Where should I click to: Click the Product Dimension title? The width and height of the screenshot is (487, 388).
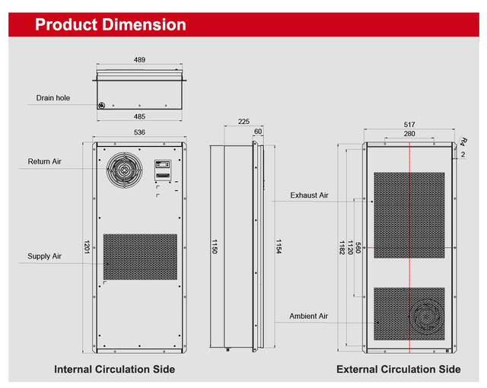110,25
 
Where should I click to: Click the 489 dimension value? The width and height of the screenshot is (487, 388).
139,59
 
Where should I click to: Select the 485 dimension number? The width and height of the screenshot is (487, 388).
139,116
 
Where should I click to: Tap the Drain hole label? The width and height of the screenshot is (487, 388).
53,98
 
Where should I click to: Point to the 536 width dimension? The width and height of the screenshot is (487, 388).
139,132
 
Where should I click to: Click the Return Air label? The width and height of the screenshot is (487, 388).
44,161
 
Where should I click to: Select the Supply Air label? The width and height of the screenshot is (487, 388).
44,256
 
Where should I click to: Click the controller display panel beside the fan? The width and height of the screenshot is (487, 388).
162,170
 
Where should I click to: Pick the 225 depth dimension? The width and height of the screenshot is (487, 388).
243,121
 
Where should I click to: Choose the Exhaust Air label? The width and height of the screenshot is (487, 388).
309,196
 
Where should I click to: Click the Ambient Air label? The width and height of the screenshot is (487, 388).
308,316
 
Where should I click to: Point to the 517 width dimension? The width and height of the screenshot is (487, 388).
409,125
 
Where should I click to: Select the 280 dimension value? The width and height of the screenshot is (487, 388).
409,134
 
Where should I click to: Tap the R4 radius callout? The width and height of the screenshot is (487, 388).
463,142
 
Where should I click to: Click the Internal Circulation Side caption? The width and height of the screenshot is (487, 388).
114,370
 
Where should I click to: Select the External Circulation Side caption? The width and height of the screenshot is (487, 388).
398,370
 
